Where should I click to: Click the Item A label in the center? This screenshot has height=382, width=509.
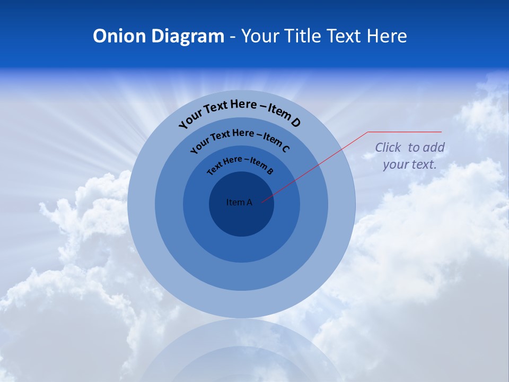coord(239,202)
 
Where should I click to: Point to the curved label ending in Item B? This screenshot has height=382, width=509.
coord(240,164)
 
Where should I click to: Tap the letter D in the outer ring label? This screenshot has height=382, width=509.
coord(295,123)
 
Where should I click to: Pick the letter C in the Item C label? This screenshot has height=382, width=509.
coord(285,149)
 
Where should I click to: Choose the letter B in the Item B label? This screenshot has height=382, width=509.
coord(270,171)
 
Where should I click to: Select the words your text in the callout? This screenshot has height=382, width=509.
coord(410,164)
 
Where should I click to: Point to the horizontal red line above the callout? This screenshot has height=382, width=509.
coord(405,132)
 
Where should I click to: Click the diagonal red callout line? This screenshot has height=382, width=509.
coord(318,165)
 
